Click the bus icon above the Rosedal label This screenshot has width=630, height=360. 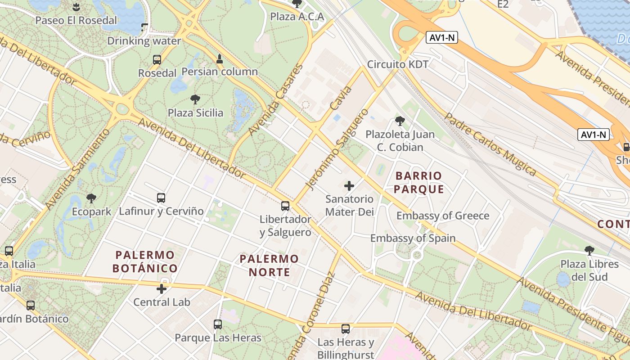(x=157, y=59)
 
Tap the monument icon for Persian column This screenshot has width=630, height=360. (x=220, y=58)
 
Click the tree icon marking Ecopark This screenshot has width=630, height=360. (x=91, y=198)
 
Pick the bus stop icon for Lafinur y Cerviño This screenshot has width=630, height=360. (x=161, y=198)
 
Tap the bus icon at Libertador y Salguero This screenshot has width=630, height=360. (x=285, y=206)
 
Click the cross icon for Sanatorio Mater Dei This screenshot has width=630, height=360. (x=349, y=185)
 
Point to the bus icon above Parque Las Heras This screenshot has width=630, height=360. (x=218, y=324)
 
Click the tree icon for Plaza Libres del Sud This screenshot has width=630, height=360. (x=589, y=250)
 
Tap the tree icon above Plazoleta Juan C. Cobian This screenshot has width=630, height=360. (x=400, y=121)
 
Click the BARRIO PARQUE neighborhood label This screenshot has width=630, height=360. (x=419, y=182)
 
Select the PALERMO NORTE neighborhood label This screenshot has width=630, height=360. (x=269, y=265)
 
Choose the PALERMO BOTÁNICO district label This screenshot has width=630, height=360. (x=145, y=262)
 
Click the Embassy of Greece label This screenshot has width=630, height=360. (x=442, y=216)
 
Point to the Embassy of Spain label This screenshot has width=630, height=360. (x=413, y=238)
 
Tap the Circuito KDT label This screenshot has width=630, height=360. (x=398, y=64)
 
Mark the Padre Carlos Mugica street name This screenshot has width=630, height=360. (x=490, y=144)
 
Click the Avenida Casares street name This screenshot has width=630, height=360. (x=275, y=100)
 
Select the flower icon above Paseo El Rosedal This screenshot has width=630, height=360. (x=76, y=7)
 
